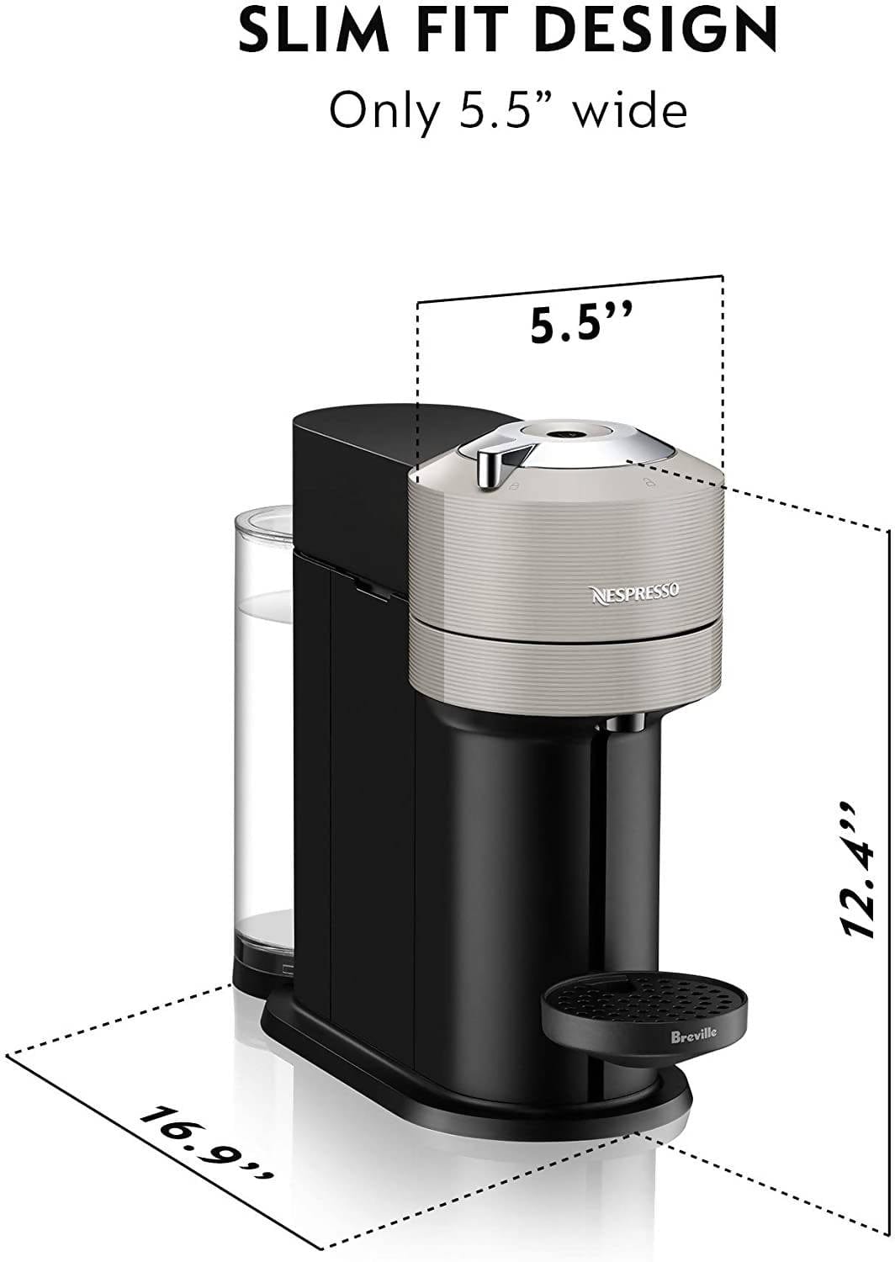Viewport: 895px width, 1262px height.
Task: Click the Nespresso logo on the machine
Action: click(635, 592)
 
